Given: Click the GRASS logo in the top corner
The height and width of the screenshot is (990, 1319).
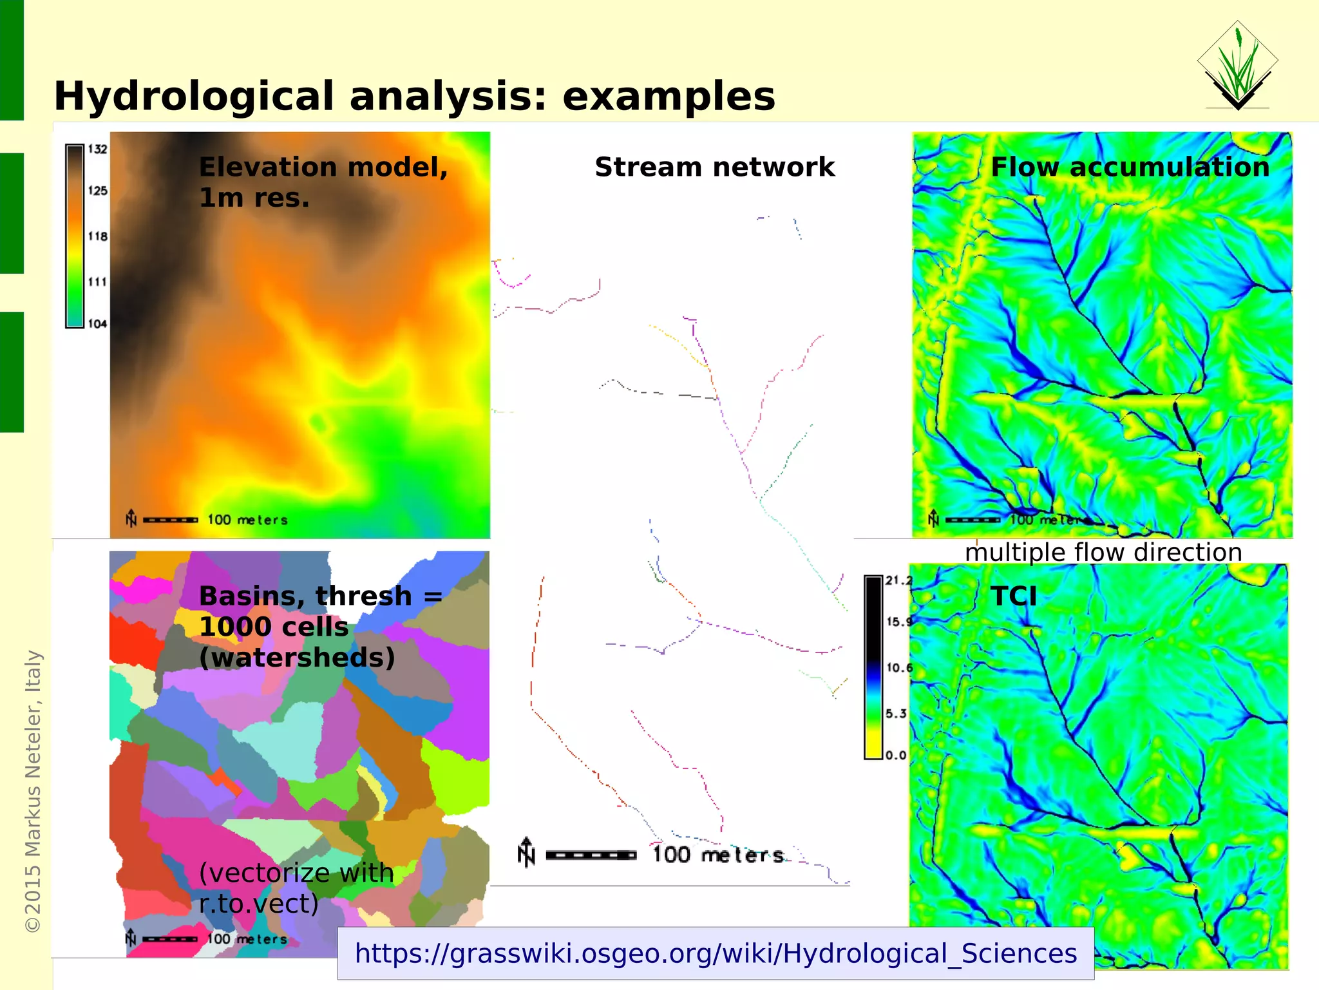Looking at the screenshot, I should click(x=1237, y=65).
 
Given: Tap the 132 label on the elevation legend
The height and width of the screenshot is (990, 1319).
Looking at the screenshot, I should click(x=97, y=149).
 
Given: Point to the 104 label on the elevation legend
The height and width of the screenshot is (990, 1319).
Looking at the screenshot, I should click(x=97, y=324).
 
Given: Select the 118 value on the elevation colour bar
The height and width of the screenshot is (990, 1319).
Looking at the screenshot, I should click(x=97, y=236).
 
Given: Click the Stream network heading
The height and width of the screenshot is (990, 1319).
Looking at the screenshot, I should click(x=714, y=167).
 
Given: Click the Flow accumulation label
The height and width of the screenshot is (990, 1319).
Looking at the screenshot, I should click(x=1130, y=167).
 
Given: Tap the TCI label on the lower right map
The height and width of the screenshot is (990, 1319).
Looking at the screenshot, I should click(x=1014, y=596).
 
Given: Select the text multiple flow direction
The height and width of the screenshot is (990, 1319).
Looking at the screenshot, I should click(x=1103, y=553).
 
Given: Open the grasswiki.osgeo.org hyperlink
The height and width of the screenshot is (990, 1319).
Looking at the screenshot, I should click(x=715, y=953).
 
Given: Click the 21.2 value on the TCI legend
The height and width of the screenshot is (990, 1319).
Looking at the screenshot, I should click(x=898, y=580).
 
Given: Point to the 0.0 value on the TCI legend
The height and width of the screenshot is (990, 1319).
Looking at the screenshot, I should click(x=896, y=755).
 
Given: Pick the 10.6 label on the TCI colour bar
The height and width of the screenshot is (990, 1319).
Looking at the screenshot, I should click(x=899, y=667).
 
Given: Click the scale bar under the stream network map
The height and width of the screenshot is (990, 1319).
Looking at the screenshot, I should click(x=591, y=855).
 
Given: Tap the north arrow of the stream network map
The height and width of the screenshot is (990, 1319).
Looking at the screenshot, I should click(x=526, y=852).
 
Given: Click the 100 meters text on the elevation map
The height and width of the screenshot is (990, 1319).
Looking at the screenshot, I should click(x=247, y=520).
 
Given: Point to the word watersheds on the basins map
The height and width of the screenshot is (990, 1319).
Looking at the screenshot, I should click(x=297, y=658).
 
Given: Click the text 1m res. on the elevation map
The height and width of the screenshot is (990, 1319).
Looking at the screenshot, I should click(x=254, y=198).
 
